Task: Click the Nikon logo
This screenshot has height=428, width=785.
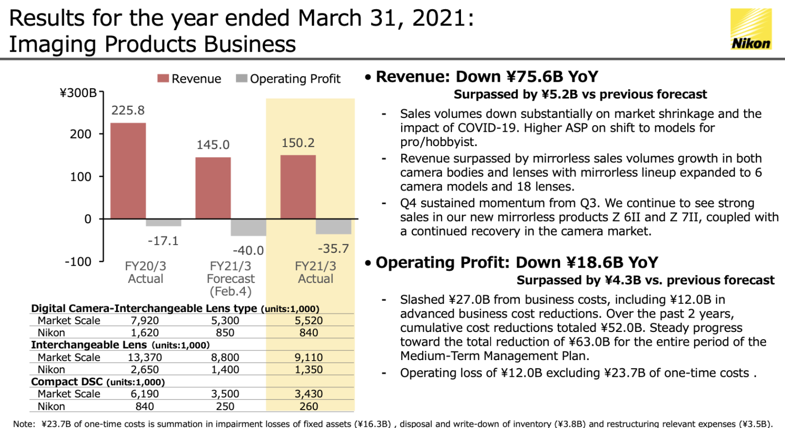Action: [x=750, y=29]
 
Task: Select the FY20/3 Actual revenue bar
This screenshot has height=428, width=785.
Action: [x=128, y=171]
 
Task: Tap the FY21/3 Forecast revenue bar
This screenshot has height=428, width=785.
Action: [x=213, y=188]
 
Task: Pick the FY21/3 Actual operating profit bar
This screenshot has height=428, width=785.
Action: [x=333, y=226]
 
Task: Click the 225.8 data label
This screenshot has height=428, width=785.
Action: [x=128, y=110]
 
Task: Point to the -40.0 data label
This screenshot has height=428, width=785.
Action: [x=248, y=250]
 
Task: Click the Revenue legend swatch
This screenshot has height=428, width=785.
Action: [x=163, y=79]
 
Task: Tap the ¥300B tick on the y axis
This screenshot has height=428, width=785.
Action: [x=78, y=93]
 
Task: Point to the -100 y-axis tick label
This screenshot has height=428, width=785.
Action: [x=78, y=261]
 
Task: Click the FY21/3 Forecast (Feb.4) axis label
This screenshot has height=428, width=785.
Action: [x=230, y=279]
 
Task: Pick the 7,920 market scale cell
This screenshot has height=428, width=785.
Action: [x=145, y=321]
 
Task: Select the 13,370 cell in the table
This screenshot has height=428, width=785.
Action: [x=145, y=358]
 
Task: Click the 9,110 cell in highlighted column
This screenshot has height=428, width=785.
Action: [x=309, y=358]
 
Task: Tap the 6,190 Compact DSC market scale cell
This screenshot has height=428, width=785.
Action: [x=145, y=394]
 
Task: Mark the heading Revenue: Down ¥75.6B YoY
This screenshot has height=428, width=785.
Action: [x=487, y=77]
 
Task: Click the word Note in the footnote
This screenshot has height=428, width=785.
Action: [x=24, y=423]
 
